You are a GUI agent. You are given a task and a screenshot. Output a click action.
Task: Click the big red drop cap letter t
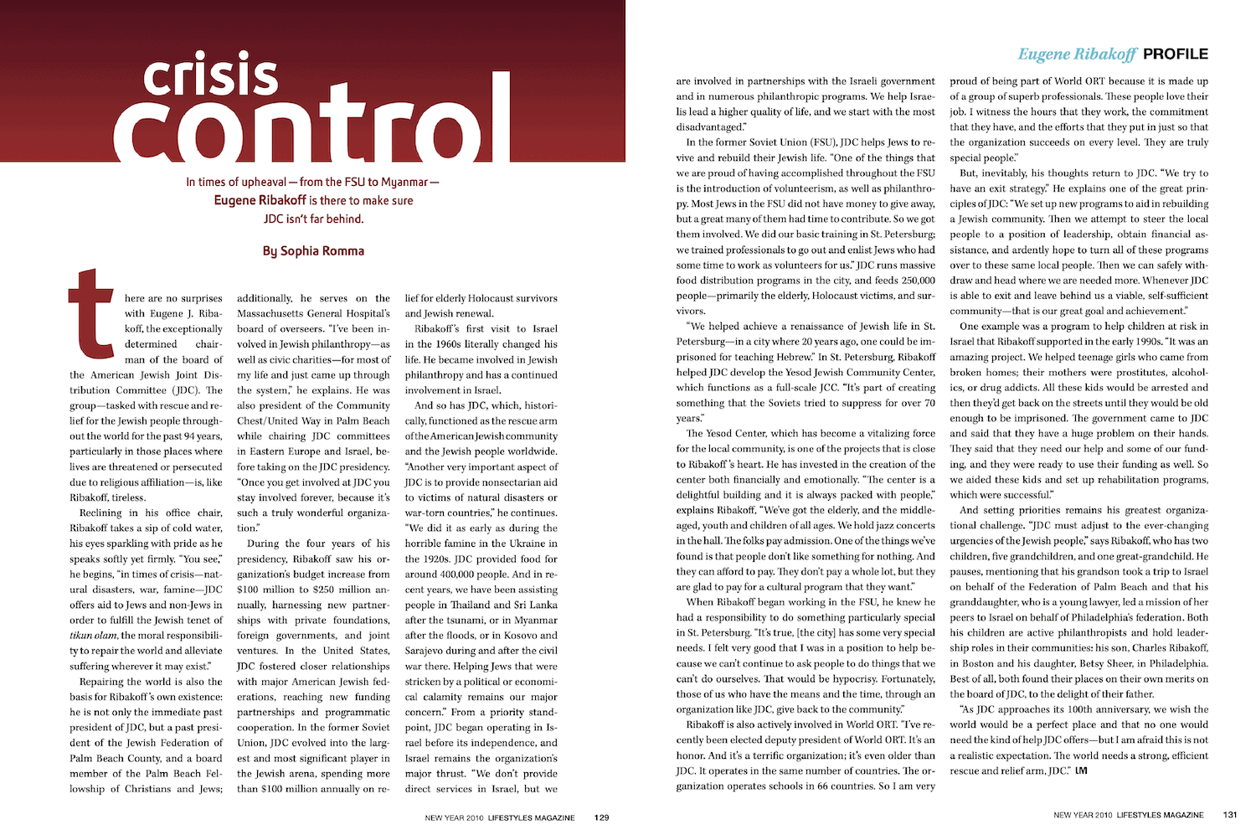[x=90, y=311]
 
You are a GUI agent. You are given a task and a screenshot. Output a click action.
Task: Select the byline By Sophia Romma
[x=313, y=250]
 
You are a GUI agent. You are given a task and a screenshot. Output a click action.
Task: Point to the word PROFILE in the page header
[x=1176, y=54]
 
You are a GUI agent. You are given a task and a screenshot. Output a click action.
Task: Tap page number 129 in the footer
[x=601, y=817]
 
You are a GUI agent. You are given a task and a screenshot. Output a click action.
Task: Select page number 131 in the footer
[x=1230, y=815]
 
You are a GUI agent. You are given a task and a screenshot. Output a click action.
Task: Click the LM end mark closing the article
[x=1080, y=770]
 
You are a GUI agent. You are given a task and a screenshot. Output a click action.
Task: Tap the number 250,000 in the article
[x=918, y=281]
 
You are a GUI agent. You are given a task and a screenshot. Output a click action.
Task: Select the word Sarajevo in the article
[x=426, y=651]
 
